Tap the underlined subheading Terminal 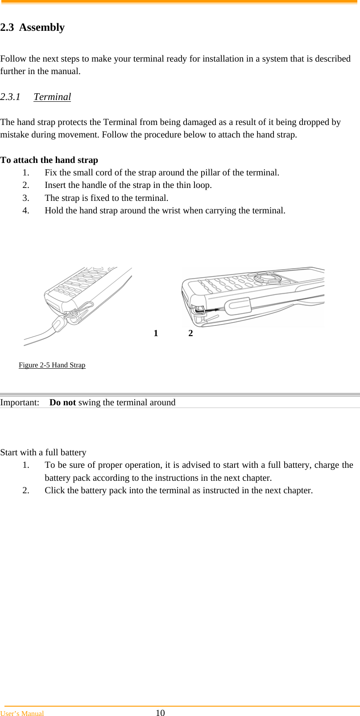point(52,97)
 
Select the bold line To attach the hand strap point(49,160)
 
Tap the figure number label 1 point(156,333)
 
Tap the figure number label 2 point(190,333)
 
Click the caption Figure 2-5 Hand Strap point(52,365)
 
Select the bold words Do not point(62,402)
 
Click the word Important point(20,402)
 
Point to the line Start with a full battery point(43,452)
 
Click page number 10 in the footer point(160,713)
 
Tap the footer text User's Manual point(22,713)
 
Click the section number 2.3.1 point(10,97)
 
